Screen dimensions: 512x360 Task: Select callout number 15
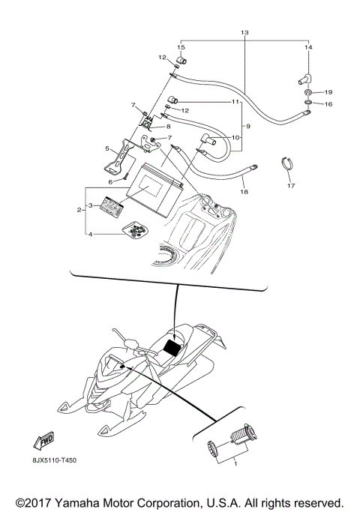pos(180,46)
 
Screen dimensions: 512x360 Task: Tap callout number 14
pos(307,46)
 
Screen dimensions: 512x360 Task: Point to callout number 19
pos(328,92)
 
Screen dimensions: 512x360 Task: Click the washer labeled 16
pos(309,104)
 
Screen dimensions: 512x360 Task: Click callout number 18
pos(243,193)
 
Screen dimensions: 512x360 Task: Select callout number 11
pos(234,101)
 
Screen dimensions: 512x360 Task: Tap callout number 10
pos(234,137)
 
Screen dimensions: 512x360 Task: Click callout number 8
pos(169,127)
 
